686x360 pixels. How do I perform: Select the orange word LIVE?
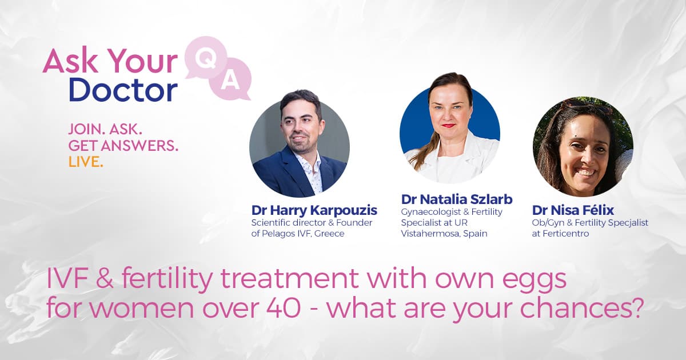[x=86, y=162]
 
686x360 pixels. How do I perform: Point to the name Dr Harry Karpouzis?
[x=314, y=210]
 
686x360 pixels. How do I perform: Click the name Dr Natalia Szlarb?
[x=457, y=199]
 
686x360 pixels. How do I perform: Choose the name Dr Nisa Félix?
[x=573, y=210]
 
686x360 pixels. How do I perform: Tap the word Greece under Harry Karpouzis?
[x=329, y=234]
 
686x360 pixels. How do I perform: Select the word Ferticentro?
[x=566, y=234]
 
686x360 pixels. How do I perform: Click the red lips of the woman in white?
[x=449, y=126]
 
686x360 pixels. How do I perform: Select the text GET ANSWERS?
[x=123, y=146]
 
